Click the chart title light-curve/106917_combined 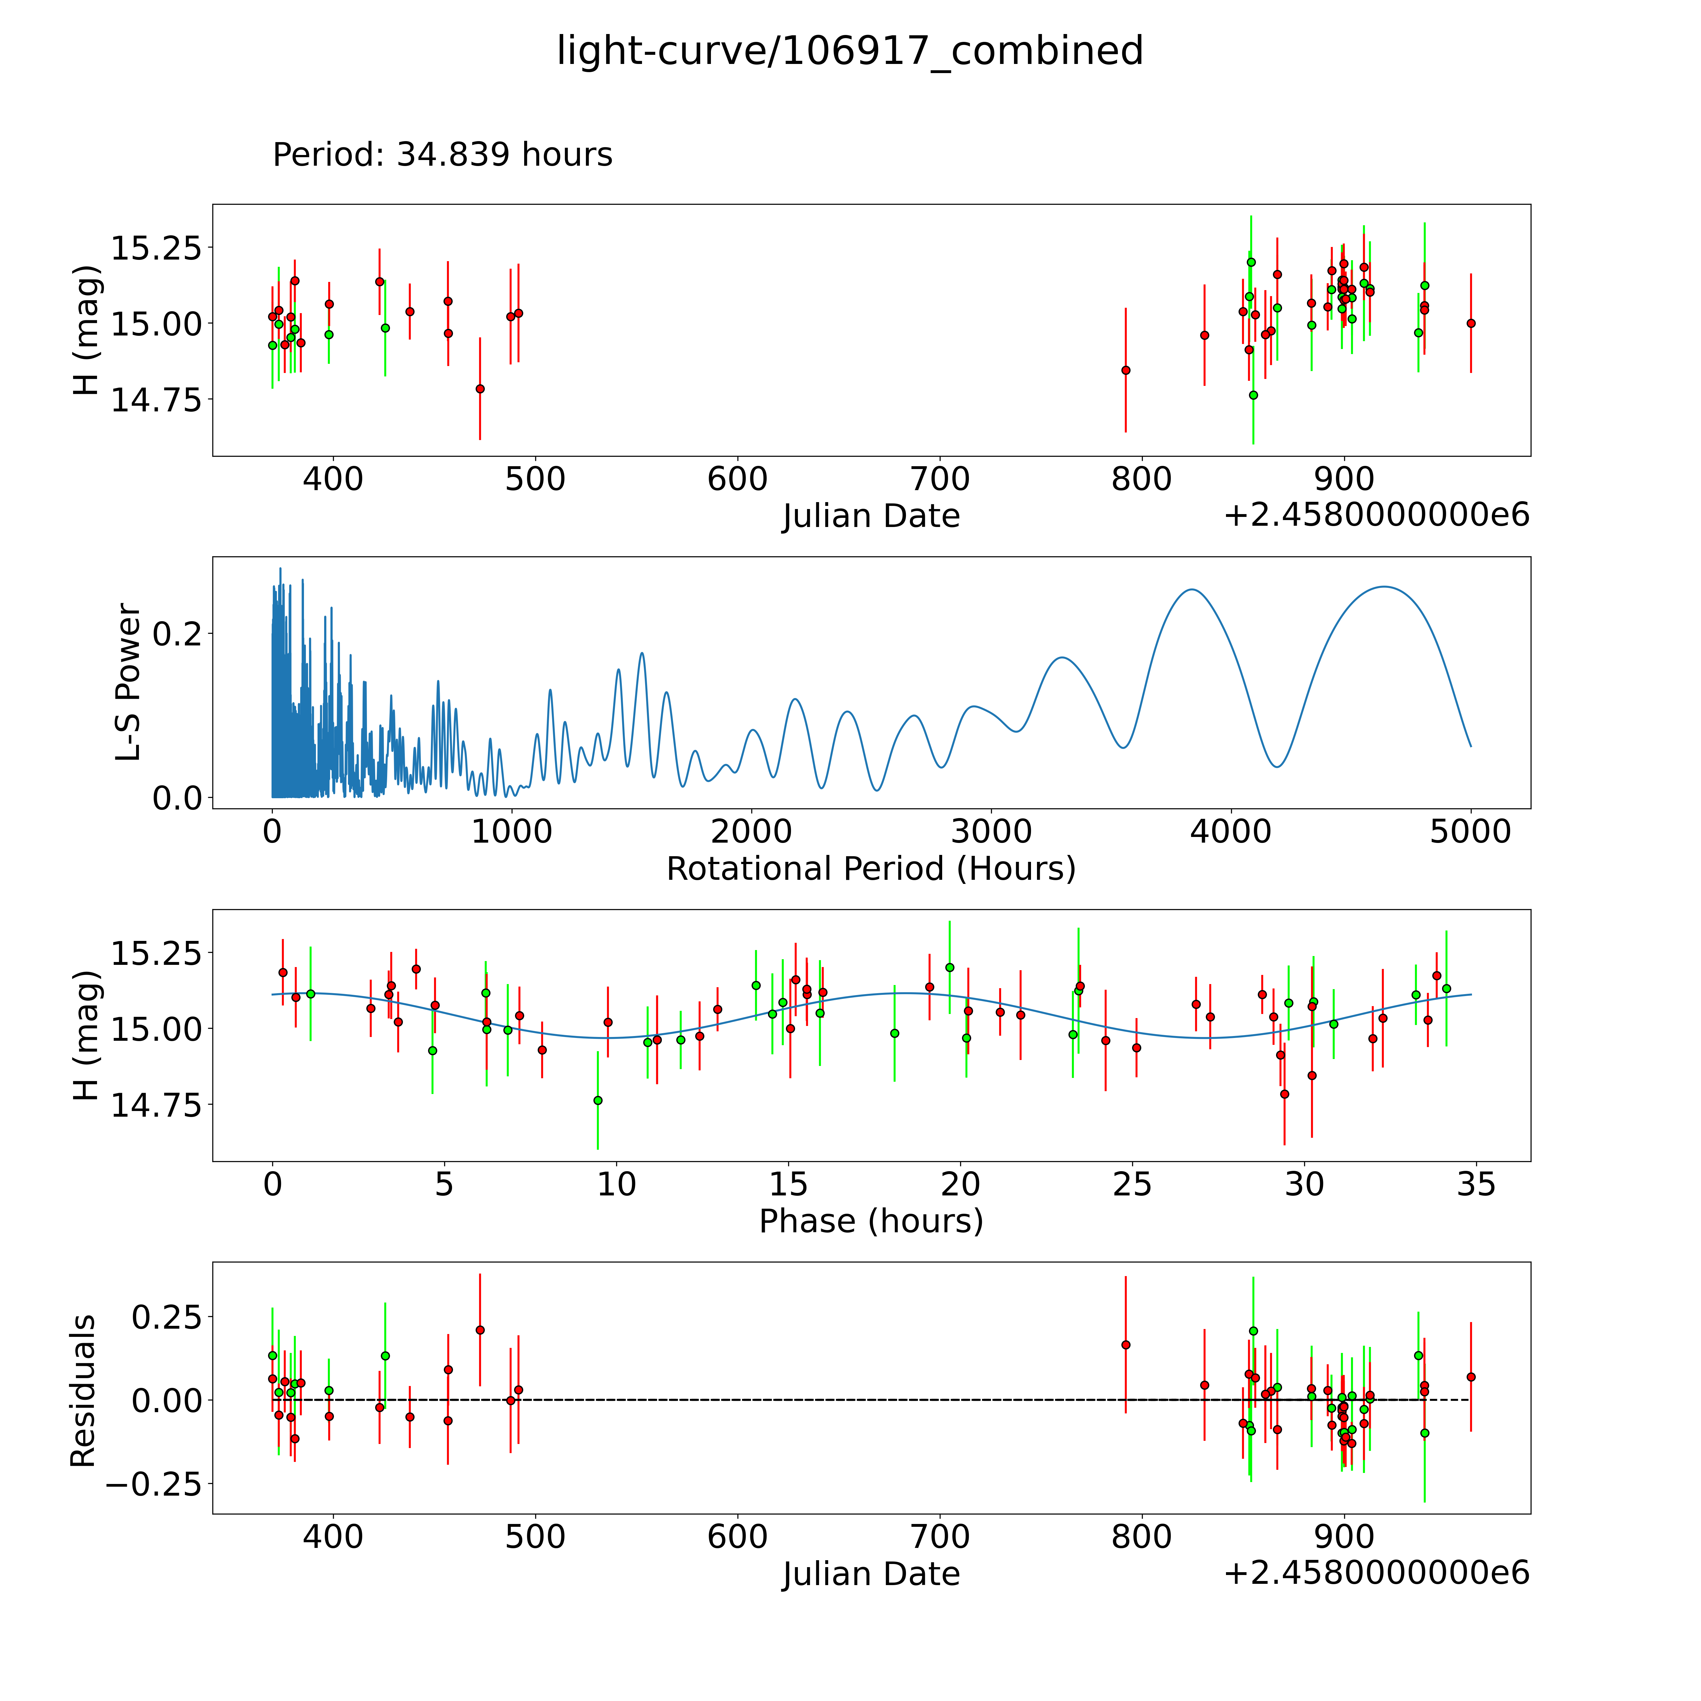pyautogui.click(x=850, y=51)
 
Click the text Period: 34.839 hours pyautogui.click(x=442, y=155)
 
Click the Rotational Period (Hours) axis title pyautogui.click(x=871, y=869)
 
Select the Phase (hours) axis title pyautogui.click(x=871, y=1221)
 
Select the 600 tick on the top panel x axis pyautogui.click(x=738, y=480)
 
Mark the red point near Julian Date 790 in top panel pyautogui.click(x=1125, y=370)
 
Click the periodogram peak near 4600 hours pyautogui.click(x=1384, y=586)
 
